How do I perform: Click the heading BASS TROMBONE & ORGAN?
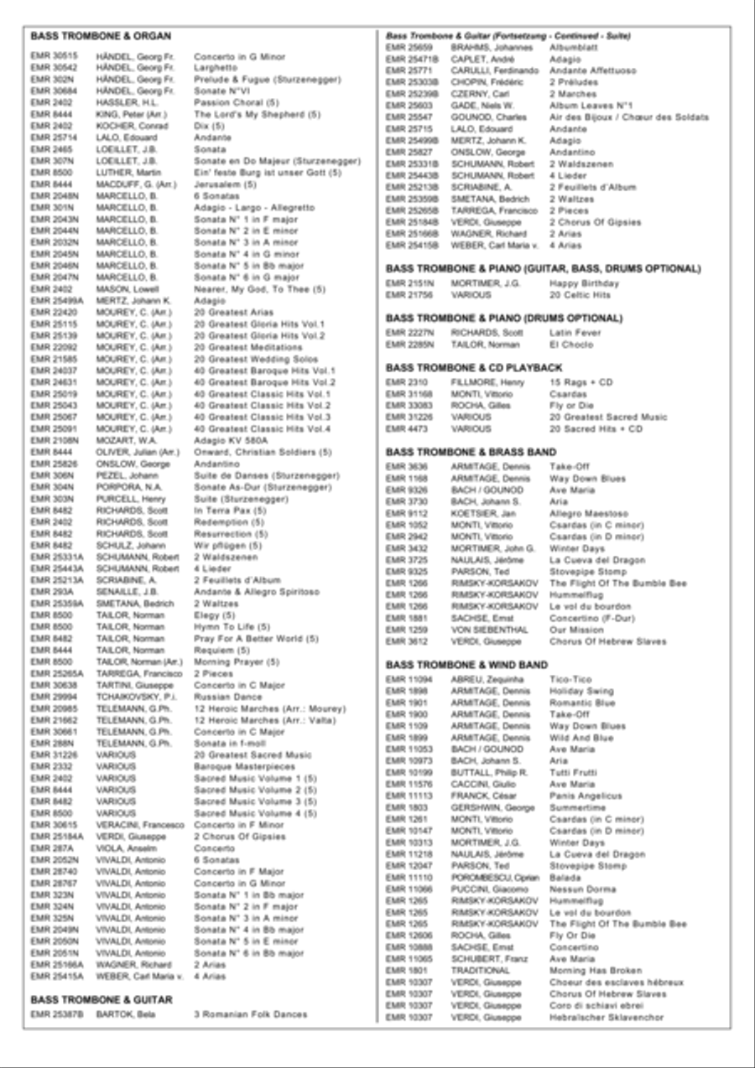tap(101, 36)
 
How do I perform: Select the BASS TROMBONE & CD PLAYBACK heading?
tap(473, 367)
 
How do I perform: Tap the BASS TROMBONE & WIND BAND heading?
tap(466, 665)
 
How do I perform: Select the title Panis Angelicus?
tap(586, 796)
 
